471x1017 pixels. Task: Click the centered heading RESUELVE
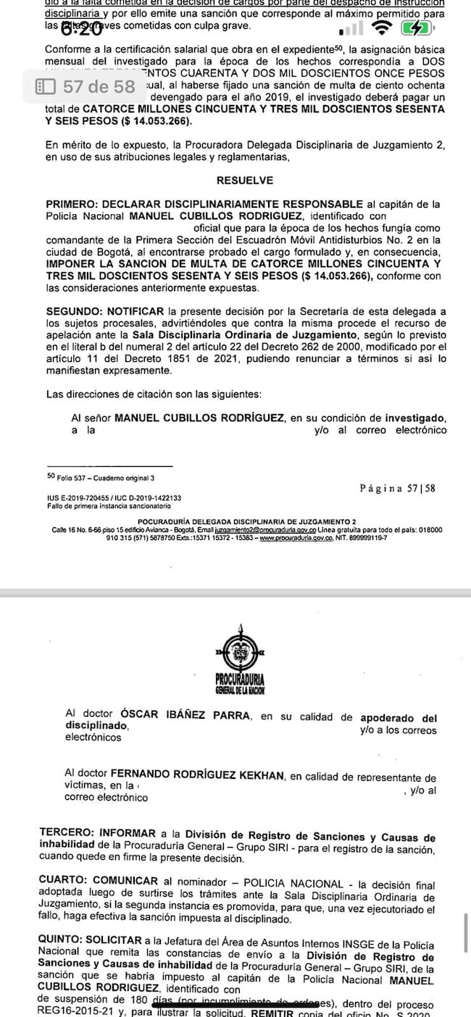click(x=244, y=180)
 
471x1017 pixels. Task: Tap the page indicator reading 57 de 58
click(x=86, y=87)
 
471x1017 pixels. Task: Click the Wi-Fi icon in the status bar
click(x=380, y=28)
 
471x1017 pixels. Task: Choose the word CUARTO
click(x=64, y=881)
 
